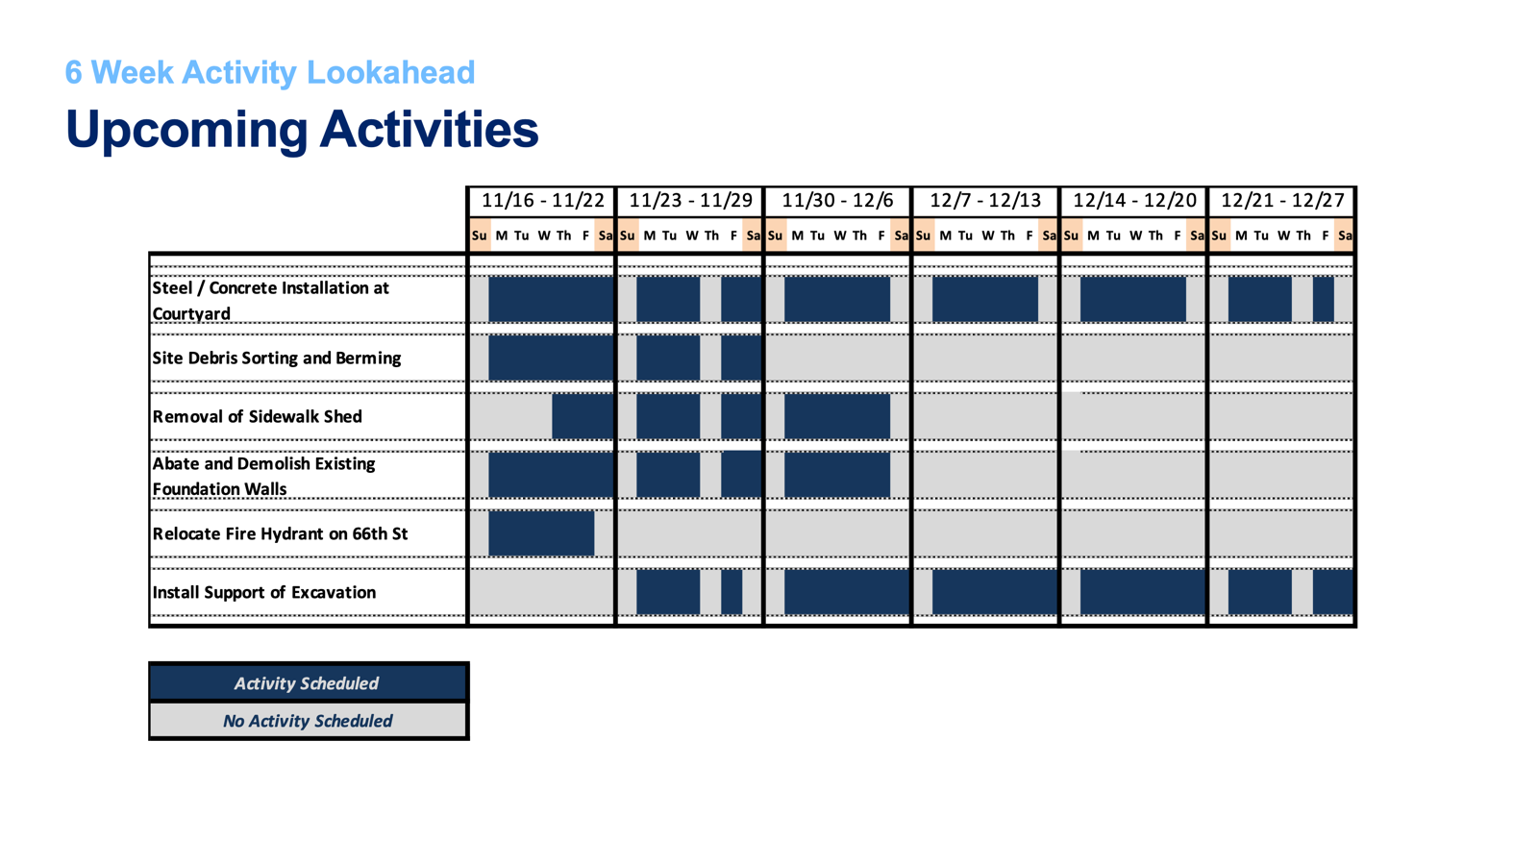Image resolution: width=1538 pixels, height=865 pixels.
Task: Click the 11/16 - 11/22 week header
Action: [x=542, y=201]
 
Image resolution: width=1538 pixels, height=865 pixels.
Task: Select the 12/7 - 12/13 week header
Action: [x=985, y=201]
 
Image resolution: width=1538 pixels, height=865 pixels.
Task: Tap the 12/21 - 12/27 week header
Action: [x=1282, y=201]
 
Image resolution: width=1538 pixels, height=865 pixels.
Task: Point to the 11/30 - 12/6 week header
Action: [x=837, y=201]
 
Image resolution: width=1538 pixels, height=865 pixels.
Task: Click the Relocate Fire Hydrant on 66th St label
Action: [x=280, y=533]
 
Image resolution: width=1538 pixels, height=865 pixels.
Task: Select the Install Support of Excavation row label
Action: [x=263, y=592]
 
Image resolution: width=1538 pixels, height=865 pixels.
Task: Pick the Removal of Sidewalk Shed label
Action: [x=257, y=416]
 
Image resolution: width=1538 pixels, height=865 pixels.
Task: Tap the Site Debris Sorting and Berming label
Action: [x=276, y=358]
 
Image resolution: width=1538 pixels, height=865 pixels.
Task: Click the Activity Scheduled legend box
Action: [x=308, y=682]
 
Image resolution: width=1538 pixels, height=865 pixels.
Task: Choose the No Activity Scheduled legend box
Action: [x=308, y=721]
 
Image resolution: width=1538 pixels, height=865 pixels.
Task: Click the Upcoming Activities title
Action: [x=302, y=129]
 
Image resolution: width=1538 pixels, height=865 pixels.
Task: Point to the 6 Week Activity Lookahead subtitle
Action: [x=270, y=72]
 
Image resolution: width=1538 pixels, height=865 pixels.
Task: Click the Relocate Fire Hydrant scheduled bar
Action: [x=541, y=533]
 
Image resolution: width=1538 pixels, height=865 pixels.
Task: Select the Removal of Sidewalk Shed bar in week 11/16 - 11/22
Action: [x=583, y=416]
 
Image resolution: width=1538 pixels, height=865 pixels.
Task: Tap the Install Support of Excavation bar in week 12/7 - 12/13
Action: [x=994, y=592]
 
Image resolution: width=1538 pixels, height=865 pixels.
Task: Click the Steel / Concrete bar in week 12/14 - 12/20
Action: [x=1132, y=299]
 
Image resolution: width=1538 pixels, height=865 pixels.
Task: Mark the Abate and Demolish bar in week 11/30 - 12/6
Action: [x=836, y=475]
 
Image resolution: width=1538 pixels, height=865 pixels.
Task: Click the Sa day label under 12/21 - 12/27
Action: [x=1344, y=235]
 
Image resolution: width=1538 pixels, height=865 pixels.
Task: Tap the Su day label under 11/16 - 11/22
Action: [x=479, y=235]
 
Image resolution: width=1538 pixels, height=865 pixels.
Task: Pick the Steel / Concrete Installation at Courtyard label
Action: [x=270, y=300]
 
